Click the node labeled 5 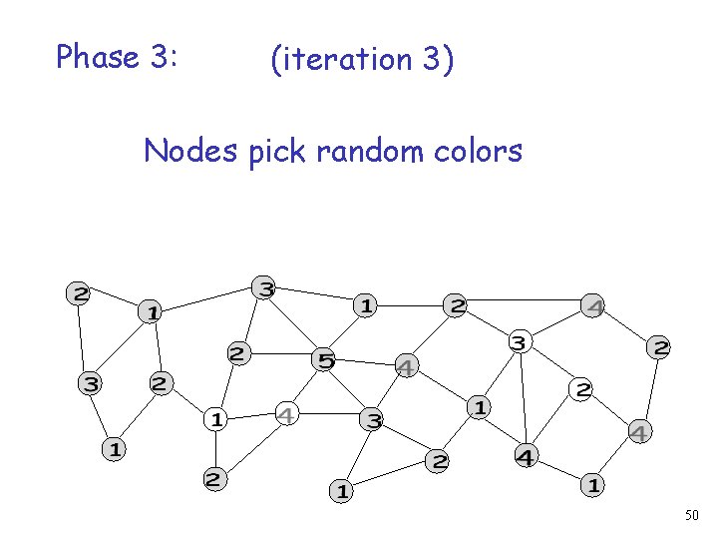(324, 359)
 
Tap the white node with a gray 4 (286, 413)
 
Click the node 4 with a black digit (525, 457)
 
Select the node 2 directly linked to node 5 (238, 353)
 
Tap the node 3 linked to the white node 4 (372, 420)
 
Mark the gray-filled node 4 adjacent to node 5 (406, 367)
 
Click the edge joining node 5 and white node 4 (305, 386)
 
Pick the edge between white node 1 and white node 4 (251, 416)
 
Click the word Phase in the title (96, 57)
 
